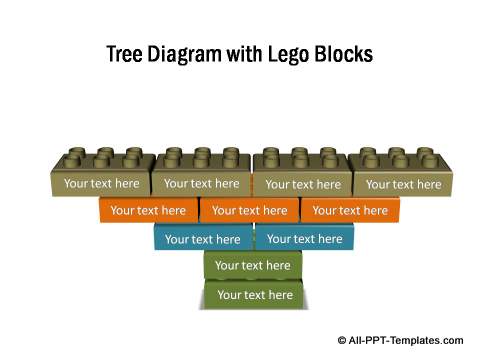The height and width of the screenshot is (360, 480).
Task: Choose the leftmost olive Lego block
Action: [x=101, y=183]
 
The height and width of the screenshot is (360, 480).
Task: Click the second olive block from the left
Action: [x=201, y=183]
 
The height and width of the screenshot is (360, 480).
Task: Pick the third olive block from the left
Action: [x=302, y=184]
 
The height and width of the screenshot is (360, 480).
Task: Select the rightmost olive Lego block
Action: [x=402, y=184]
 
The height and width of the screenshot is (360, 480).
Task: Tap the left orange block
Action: [x=148, y=210]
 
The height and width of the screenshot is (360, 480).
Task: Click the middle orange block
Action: [x=249, y=210]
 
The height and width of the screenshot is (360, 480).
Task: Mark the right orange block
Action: [x=349, y=210]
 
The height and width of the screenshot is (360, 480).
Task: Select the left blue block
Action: [x=202, y=238]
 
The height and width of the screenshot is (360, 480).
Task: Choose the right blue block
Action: [x=304, y=238]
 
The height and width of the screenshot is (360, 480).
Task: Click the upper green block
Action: [x=252, y=265]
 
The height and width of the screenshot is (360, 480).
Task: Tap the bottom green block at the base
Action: [x=254, y=294]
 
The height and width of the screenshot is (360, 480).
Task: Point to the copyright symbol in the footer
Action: [x=343, y=340]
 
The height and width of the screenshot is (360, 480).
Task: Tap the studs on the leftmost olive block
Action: [x=101, y=159]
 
